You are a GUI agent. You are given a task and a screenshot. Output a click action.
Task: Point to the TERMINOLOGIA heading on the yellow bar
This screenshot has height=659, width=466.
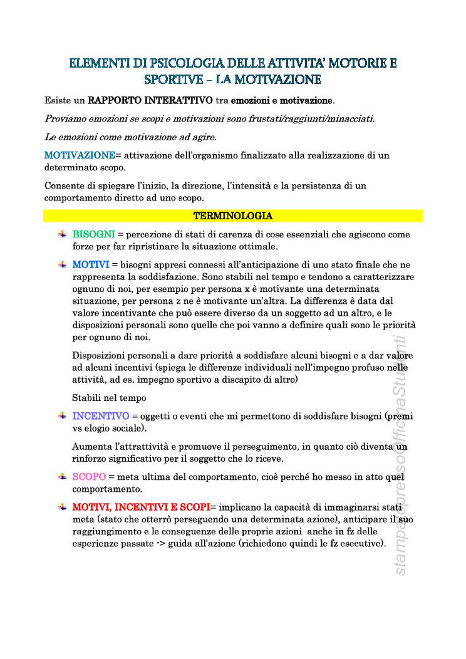233,216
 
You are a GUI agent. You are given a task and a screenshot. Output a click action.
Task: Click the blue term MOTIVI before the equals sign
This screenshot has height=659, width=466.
91,265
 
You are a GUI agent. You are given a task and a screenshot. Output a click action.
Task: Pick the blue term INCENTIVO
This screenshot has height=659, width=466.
101,416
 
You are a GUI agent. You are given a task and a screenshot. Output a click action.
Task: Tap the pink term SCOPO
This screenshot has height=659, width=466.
90,477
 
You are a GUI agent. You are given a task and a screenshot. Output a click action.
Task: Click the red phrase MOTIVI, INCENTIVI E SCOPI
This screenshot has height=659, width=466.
141,507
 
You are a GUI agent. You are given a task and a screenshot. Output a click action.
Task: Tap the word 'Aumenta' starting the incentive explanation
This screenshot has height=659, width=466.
92,447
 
